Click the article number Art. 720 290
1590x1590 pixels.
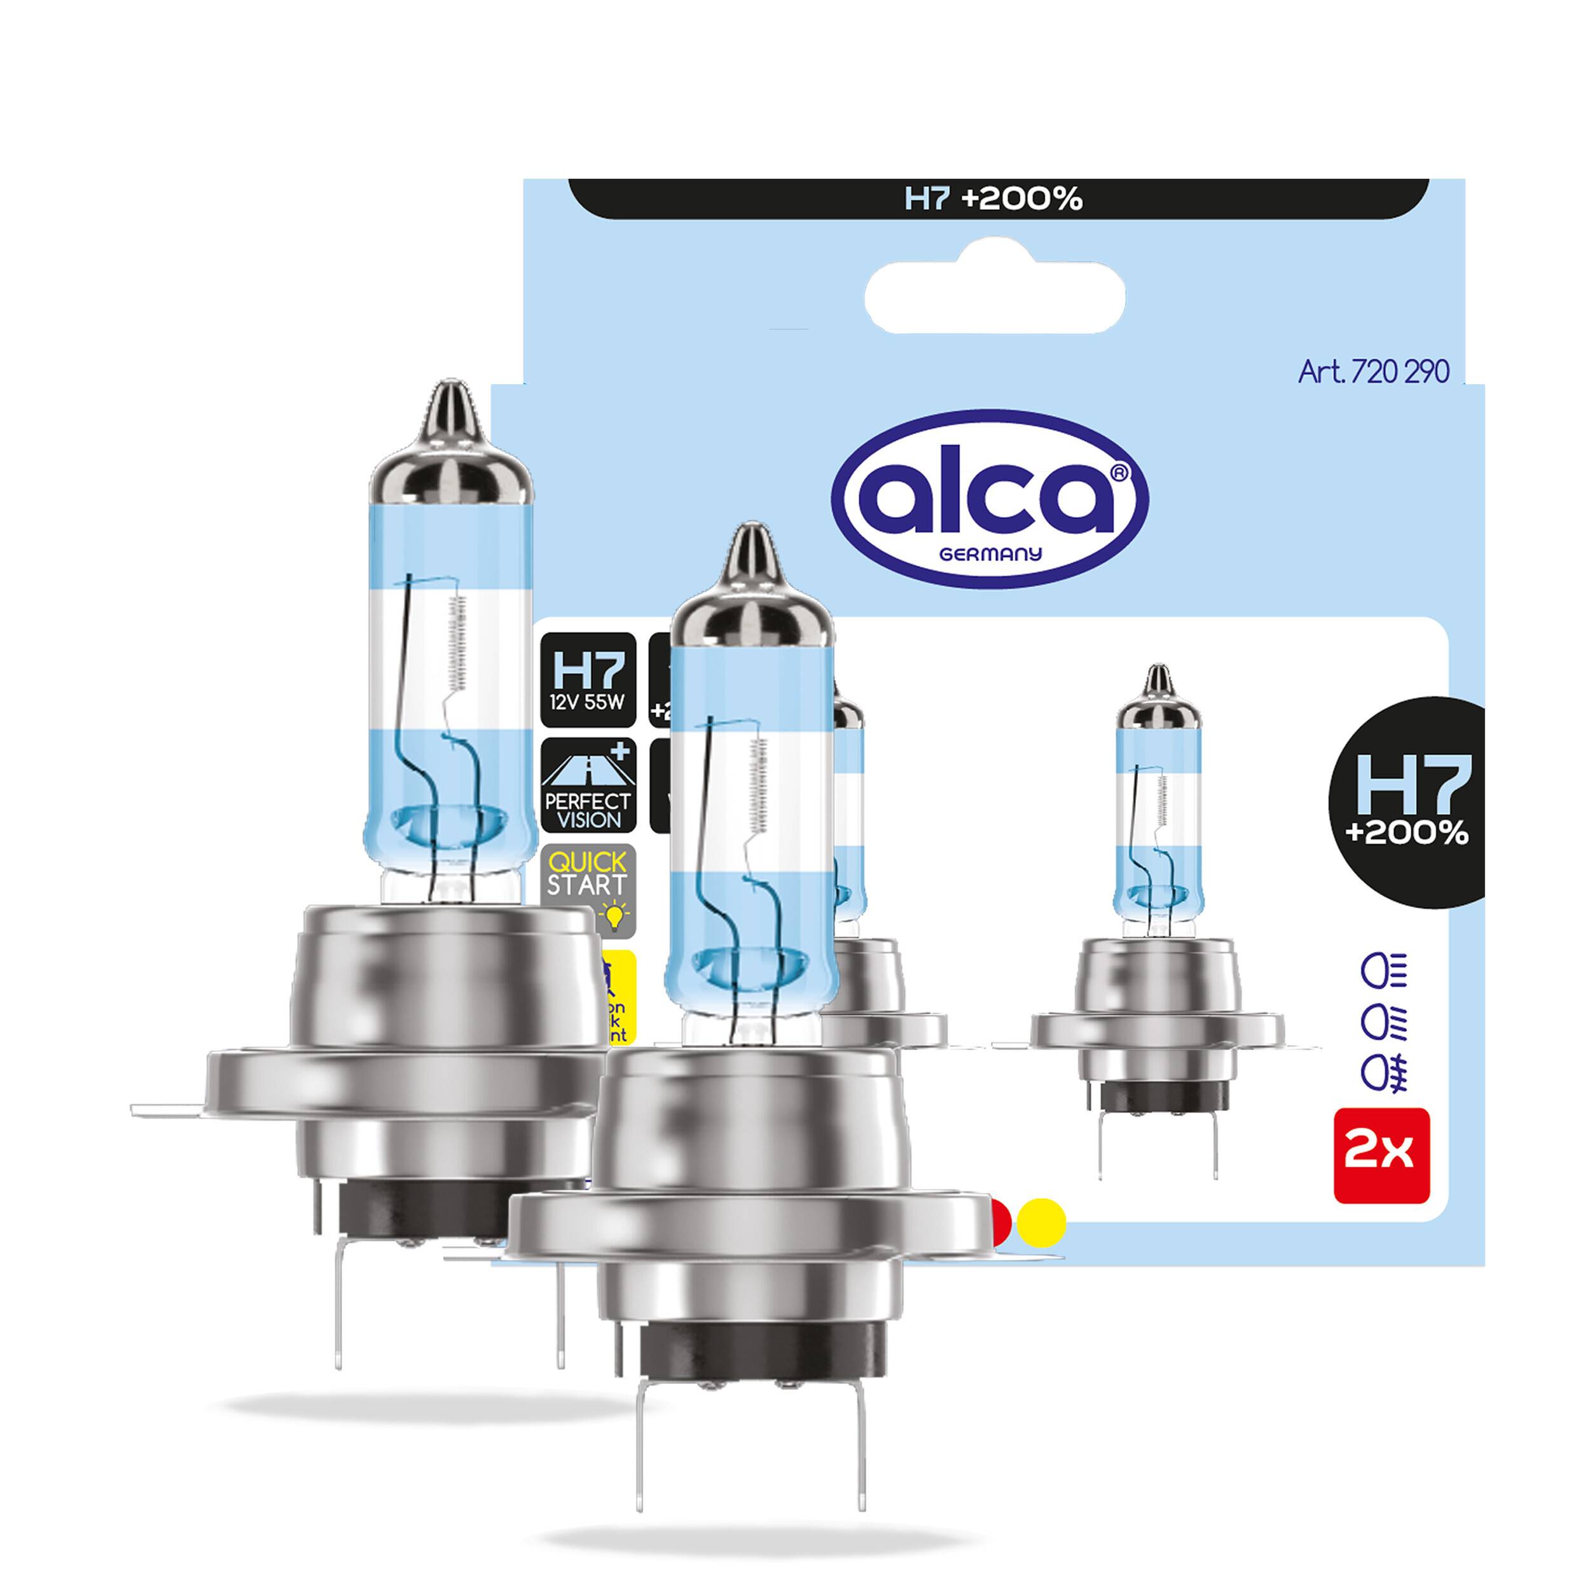[1372, 372]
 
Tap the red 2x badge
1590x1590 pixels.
[1381, 1154]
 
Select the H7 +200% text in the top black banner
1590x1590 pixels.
[993, 199]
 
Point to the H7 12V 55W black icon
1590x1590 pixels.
[588, 680]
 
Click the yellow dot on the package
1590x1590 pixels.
[1040, 1224]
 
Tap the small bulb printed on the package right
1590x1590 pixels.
[1157, 889]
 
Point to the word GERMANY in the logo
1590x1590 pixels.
[990, 554]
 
